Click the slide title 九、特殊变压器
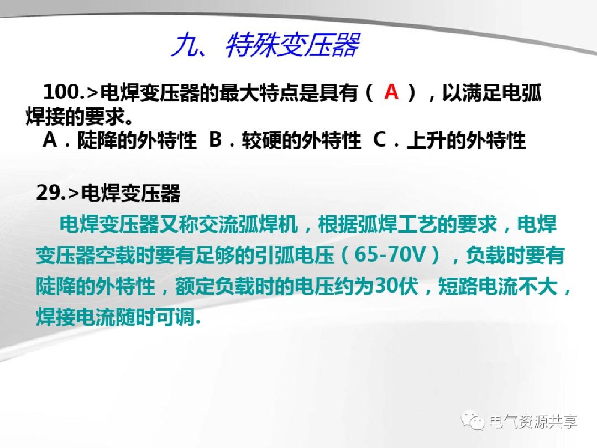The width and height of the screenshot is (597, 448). point(265,45)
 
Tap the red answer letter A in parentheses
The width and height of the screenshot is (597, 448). point(391,92)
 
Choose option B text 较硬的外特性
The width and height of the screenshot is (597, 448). point(301,142)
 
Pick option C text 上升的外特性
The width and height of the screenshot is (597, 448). point(466,142)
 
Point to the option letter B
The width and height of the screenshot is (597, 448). point(216,140)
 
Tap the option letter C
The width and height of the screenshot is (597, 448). point(380,140)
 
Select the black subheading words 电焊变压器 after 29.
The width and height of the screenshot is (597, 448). point(131,194)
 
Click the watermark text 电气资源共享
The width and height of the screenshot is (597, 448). point(533,421)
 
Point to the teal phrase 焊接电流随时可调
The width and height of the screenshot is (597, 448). point(114,317)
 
